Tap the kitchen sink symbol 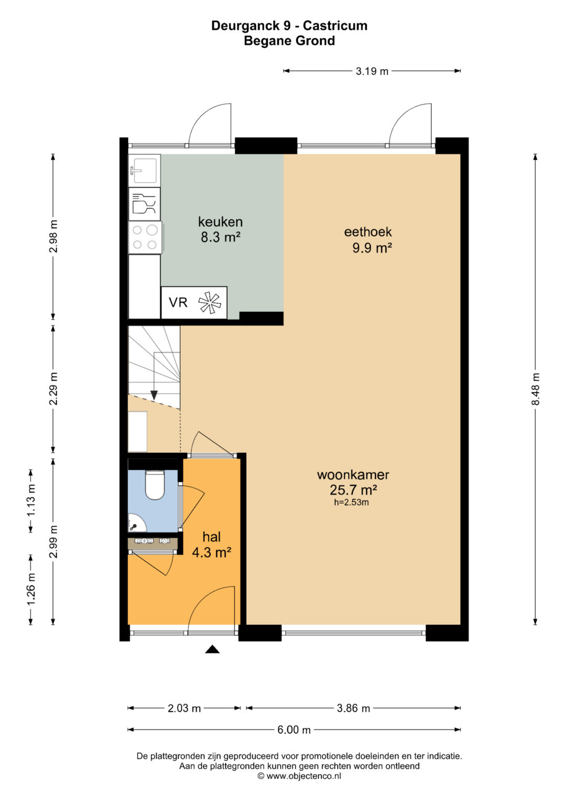coord(144,170)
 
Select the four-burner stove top coord(145,237)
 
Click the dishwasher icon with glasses coord(144,204)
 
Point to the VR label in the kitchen coord(178,303)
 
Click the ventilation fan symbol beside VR coord(210,303)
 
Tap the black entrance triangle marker coord(212,649)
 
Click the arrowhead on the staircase coord(154,395)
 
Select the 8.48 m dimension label coord(535,389)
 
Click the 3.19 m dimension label coord(372,71)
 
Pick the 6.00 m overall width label coord(293,730)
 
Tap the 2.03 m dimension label coord(184,708)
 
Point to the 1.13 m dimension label coord(31,500)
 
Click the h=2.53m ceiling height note coord(351,503)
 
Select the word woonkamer coord(353,475)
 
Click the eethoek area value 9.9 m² coord(372,248)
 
